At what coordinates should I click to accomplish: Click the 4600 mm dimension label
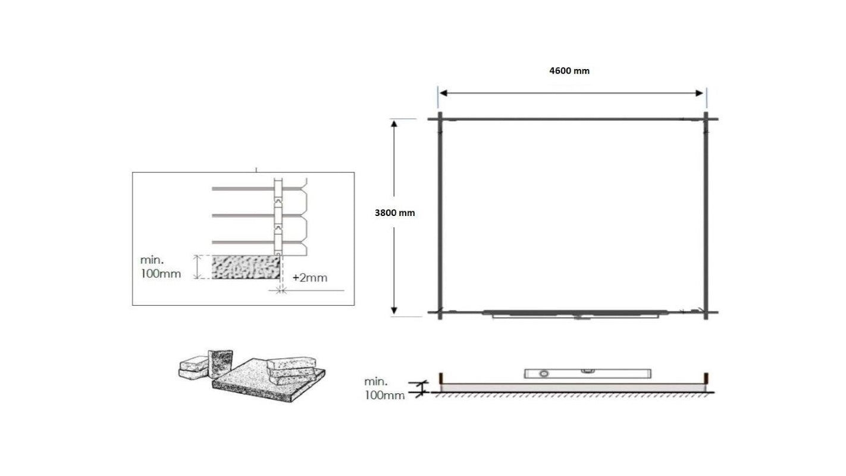pyautogui.click(x=569, y=71)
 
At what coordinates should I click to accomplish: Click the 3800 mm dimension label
pyautogui.click(x=395, y=213)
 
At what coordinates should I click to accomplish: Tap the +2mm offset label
pyautogui.click(x=310, y=277)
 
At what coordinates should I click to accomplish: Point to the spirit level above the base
pyautogui.click(x=587, y=374)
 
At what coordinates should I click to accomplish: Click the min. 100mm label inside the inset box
pyautogui.click(x=160, y=267)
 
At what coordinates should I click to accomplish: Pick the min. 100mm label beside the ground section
pyautogui.click(x=384, y=388)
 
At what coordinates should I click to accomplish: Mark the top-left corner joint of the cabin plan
pyautogui.click(x=440, y=119)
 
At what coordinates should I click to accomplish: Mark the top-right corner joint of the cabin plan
pyautogui.click(x=706, y=119)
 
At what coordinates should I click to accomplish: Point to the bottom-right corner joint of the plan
pyautogui.click(x=706, y=312)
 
